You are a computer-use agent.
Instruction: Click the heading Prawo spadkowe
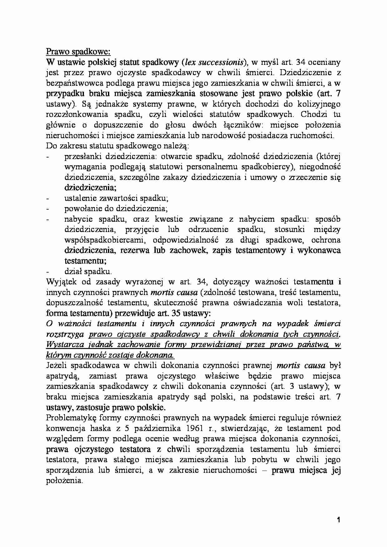[78, 51]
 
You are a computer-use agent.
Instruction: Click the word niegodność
[320, 167]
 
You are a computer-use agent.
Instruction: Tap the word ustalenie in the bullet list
[79, 198]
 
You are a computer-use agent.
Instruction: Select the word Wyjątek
[62, 282]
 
